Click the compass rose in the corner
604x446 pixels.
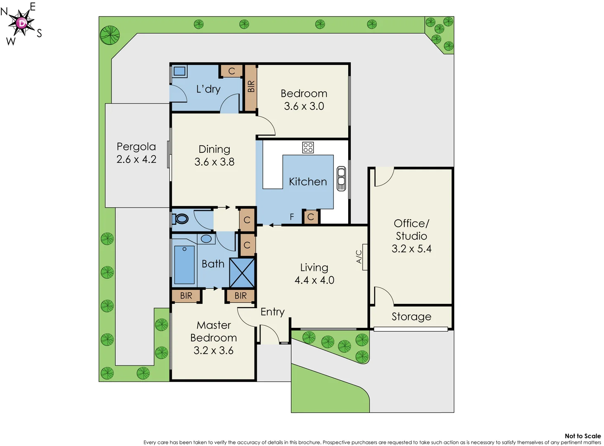pos(21,23)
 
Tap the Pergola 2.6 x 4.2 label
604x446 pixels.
pos(136,153)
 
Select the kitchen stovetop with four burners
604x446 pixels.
pos(308,147)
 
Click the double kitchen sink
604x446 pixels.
pos(341,178)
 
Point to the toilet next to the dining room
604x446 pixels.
pos(181,218)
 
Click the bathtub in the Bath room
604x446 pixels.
pos(184,264)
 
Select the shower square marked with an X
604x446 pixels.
pos(242,273)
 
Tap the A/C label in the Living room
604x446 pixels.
pos(359,256)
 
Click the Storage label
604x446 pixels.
pos(411,317)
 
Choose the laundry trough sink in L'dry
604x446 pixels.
pos(179,71)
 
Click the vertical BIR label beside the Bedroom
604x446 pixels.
pos(251,87)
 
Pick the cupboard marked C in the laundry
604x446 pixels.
pos(231,71)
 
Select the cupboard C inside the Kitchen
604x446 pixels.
pos(311,217)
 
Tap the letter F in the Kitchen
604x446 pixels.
pos(292,217)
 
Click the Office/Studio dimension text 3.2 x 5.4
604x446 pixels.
pos(411,249)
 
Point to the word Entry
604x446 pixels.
pos(272,312)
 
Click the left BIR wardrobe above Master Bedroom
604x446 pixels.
pos(186,296)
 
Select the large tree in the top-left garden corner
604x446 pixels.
pos(110,35)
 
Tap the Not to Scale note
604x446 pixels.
pos(582,436)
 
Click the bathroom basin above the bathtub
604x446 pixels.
pos(206,239)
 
